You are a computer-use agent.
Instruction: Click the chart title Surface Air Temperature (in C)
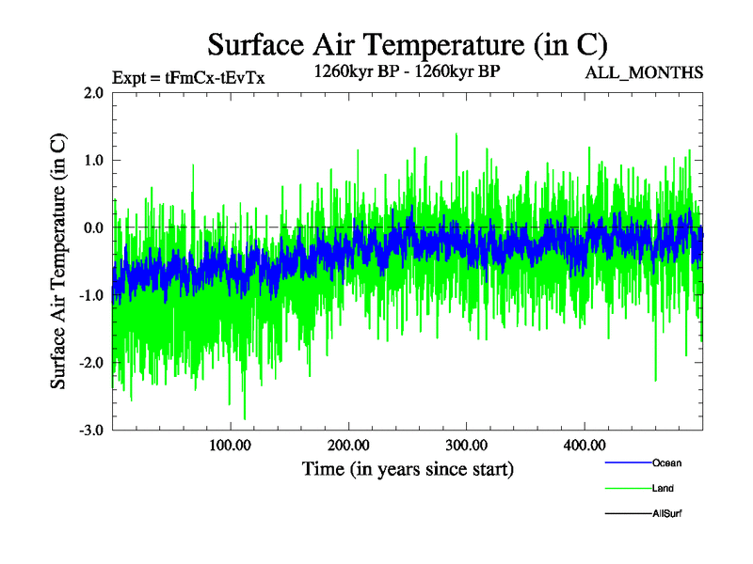[408, 44]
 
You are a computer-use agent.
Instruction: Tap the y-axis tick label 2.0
[92, 93]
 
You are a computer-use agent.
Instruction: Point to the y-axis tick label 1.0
[92, 161]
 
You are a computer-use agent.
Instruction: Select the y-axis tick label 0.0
[92, 228]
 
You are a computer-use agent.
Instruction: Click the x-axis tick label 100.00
[231, 446]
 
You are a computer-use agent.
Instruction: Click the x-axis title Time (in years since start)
[408, 468]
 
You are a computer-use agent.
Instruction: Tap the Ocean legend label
[666, 462]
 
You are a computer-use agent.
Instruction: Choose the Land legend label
[663, 488]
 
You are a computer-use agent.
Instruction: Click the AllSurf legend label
[667, 513]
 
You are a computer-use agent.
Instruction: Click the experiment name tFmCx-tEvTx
[215, 78]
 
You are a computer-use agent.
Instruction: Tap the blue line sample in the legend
[626, 462]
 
